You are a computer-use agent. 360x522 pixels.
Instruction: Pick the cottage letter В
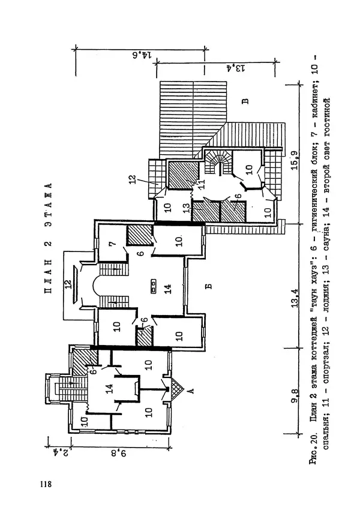coord(245,100)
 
